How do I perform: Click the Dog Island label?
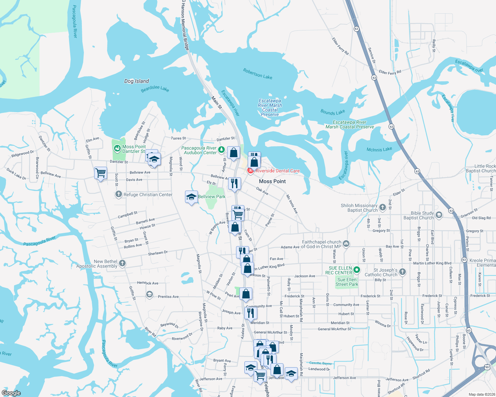137,81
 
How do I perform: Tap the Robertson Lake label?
258,74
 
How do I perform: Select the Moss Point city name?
272,181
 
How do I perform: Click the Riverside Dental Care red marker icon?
251,171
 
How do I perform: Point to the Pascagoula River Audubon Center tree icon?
221,150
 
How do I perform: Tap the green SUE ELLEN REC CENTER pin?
357,270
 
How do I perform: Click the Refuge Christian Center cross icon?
118,194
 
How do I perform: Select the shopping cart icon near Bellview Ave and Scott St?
100,173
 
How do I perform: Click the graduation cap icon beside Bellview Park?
191,197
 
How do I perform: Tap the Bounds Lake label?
333,112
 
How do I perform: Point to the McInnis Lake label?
379,150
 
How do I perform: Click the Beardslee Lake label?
155,89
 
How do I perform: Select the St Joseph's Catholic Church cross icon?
403,272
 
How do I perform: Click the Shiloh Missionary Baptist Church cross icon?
383,207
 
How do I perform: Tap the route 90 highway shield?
487,367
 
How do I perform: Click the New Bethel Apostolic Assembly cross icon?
122,263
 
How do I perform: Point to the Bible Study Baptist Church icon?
439,215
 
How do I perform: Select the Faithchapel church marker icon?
346,244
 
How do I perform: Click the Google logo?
11,393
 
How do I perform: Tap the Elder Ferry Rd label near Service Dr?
390,72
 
